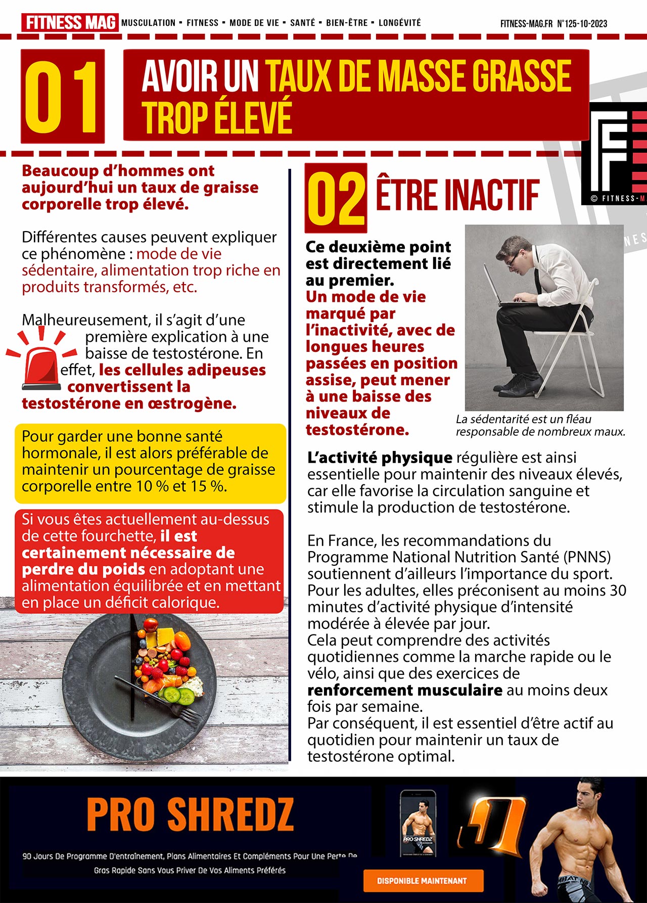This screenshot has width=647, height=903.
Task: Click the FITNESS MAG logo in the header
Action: pyautogui.click(x=70, y=23)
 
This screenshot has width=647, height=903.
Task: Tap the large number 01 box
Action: pyautogui.click(x=63, y=97)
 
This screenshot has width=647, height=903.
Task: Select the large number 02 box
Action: pyautogui.click(x=336, y=198)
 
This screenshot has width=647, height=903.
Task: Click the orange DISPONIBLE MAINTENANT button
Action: pyautogui.click(x=423, y=880)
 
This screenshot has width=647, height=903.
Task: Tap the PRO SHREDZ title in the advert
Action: pyautogui.click(x=190, y=814)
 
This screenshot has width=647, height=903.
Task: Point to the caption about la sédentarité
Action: pyautogui.click(x=540, y=425)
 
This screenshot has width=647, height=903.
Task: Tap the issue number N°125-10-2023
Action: pyautogui.click(x=582, y=23)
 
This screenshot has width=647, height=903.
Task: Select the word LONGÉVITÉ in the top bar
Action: pyautogui.click(x=399, y=23)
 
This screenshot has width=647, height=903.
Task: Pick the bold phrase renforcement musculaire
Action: pyautogui.click(x=404, y=690)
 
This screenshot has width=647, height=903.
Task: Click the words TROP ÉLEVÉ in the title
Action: pyautogui.click(x=217, y=118)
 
